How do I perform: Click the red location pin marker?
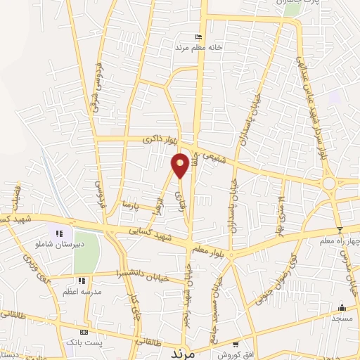point(180,165)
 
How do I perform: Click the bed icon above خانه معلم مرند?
point(198,37)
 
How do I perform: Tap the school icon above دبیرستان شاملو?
point(60,233)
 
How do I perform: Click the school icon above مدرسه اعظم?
point(82,281)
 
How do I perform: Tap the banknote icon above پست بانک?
point(84,331)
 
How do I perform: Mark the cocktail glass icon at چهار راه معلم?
point(340,230)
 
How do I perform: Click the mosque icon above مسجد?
point(342,307)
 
